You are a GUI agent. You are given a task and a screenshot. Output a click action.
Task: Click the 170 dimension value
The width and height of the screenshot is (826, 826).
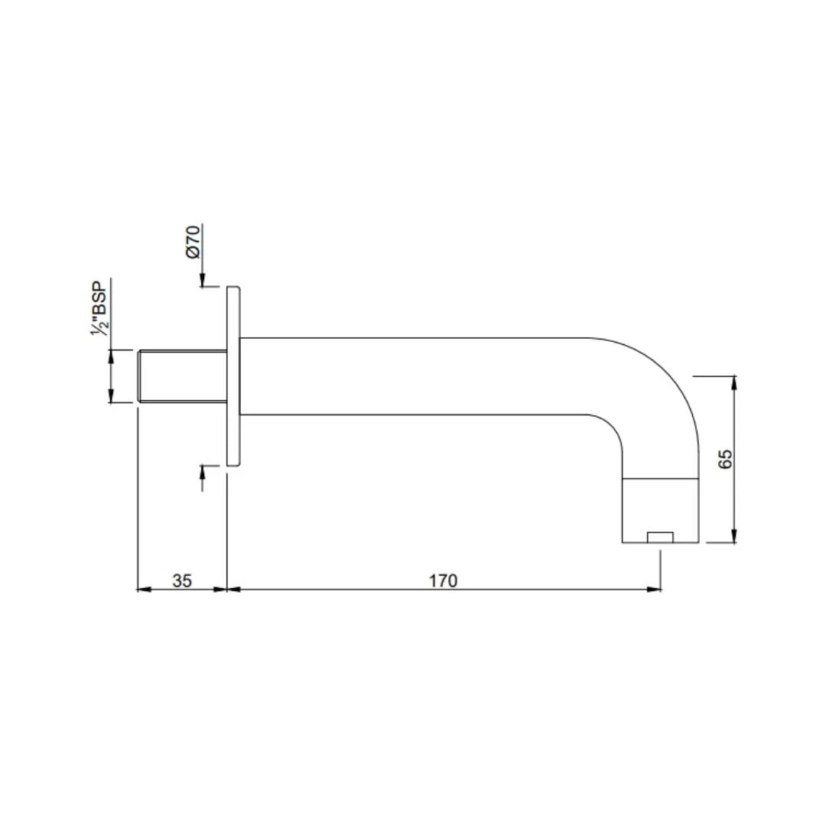point(443,580)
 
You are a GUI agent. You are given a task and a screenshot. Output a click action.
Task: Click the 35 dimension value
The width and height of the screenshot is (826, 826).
point(182,580)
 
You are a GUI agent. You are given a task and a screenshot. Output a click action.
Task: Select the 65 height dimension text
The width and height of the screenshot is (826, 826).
point(725,460)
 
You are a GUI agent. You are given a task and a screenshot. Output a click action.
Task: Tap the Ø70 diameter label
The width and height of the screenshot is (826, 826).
point(193,242)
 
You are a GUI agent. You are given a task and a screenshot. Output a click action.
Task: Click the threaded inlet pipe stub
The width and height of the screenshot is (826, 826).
point(182,376)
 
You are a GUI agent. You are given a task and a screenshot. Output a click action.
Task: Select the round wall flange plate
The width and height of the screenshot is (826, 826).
point(233,376)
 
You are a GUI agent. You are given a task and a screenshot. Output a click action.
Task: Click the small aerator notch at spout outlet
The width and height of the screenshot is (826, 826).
point(660,538)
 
